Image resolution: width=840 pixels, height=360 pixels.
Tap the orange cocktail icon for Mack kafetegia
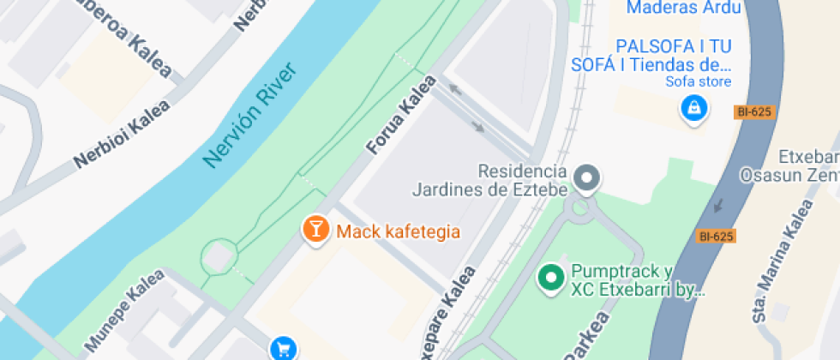pos(315,229)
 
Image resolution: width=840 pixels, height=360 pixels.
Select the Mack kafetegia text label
pos(399,231)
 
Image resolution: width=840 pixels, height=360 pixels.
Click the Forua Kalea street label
pos(401,115)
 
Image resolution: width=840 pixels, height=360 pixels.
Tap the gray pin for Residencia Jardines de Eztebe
pos(587,178)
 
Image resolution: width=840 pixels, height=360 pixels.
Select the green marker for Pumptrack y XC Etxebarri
pos(549,277)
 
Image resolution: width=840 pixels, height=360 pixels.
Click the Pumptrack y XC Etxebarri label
pos(635,280)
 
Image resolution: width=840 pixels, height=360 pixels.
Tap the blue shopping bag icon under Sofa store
pos(693,109)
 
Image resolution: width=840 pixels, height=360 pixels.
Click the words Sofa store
pos(699,82)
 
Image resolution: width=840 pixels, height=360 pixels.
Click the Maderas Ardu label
pos(684,9)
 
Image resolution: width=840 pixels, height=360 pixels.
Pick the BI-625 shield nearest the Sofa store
pos(753,111)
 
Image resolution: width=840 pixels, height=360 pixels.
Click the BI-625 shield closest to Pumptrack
pos(717,236)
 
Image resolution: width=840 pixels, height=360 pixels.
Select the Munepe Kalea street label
pos(123,311)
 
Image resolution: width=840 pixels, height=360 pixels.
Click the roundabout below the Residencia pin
pos(581,207)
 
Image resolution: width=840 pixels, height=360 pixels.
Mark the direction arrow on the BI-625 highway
pos(717,206)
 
